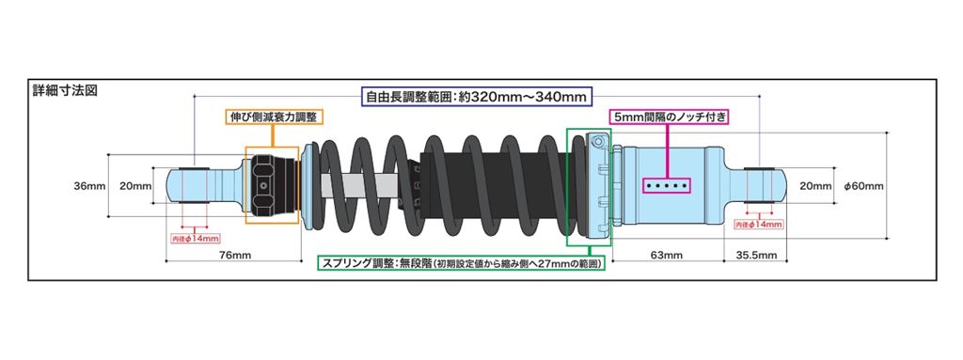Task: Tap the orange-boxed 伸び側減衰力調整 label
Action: pos(274,117)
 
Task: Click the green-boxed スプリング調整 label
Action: pos(459,263)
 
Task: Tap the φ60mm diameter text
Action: pos(864,185)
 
